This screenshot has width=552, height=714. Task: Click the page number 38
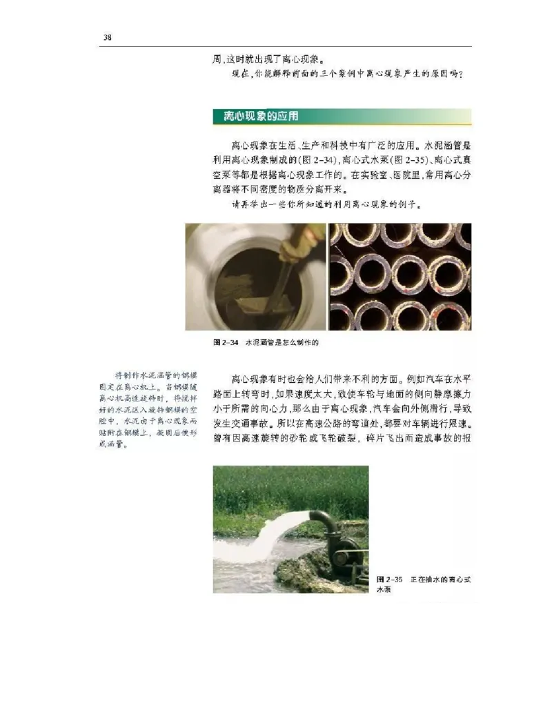pos(108,37)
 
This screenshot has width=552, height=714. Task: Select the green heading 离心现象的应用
pos(256,116)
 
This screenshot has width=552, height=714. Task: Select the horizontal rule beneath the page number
pos(286,46)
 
